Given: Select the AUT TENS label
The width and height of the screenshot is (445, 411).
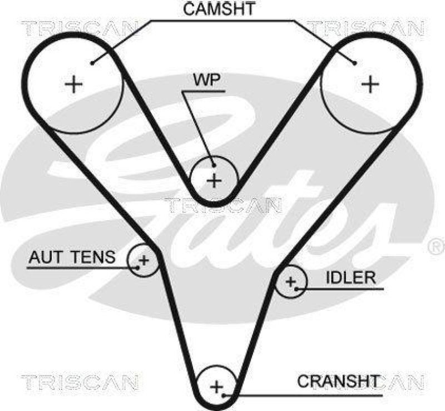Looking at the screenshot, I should click(72, 258).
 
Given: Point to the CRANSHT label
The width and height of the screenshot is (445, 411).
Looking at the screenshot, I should click(339, 382).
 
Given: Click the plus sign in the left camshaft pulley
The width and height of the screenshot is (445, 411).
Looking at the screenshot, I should click(73, 85).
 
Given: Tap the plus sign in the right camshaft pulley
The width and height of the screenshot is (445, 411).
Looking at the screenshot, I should click(370, 85).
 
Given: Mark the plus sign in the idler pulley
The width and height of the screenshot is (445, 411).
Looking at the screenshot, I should click(290, 281).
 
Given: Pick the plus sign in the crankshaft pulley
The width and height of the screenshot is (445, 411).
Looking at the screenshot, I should click(216, 386).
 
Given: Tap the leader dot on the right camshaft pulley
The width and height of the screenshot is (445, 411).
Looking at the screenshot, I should click(354, 63).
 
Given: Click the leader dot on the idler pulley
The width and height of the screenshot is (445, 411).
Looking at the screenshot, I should click(298, 289).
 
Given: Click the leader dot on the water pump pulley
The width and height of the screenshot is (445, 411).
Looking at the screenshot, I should click(214, 164).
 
